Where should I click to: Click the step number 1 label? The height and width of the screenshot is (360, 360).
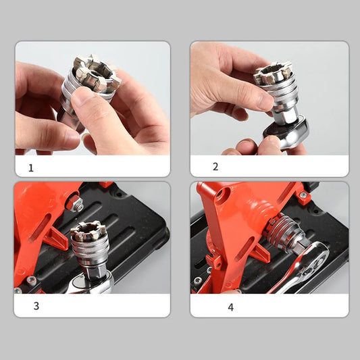tap(31, 168)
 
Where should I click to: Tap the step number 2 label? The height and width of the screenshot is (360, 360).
tap(215, 166)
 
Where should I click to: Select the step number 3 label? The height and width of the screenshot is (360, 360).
tap(36, 306)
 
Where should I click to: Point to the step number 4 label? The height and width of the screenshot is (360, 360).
tap(231, 307)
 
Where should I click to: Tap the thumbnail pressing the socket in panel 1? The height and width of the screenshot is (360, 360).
tap(82, 95)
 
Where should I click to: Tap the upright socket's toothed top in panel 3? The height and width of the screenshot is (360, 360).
tap(88, 231)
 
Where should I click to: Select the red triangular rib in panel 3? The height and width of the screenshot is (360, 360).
tap(56, 239)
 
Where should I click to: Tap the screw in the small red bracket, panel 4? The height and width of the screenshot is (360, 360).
tap(303, 195)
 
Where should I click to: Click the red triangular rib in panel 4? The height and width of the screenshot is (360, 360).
tap(259, 253)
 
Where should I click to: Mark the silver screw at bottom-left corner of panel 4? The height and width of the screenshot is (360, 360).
tap(197, 280)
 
